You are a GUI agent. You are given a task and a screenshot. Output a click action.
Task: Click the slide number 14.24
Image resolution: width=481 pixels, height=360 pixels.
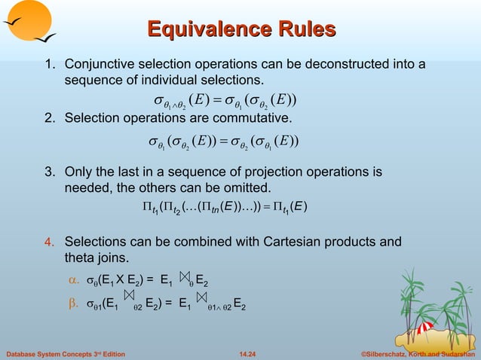[x=247, y=352]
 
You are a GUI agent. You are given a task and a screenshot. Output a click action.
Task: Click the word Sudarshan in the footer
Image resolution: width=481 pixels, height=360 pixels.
[x=455, y=352]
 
